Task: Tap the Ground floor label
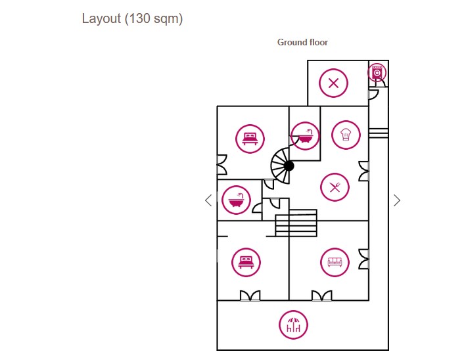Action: coord(302,42)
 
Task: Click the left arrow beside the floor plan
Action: coord(208,200)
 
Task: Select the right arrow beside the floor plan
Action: coord(397,200)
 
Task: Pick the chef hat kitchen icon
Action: coord(346,135)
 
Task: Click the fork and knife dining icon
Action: coord(335,187)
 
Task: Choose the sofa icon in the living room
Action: coord(335,263)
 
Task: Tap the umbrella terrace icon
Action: coord(294,325)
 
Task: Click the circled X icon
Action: coord(333,83)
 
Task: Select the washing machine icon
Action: coord(377,72)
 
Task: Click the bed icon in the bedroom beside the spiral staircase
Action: coord(250,139)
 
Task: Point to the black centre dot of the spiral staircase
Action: coord(289,166)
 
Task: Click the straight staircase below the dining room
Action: coord(296,223)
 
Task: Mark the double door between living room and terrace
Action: coord(322,296)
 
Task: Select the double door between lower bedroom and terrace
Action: coord(250,296)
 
